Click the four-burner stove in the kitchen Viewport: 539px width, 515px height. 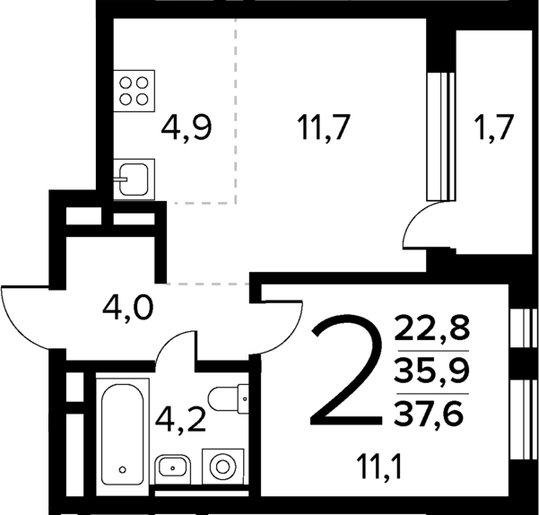tap(133, 90)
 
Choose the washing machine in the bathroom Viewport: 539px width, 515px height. tap(221, 466)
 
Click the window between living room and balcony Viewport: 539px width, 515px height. tap(438, 135)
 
